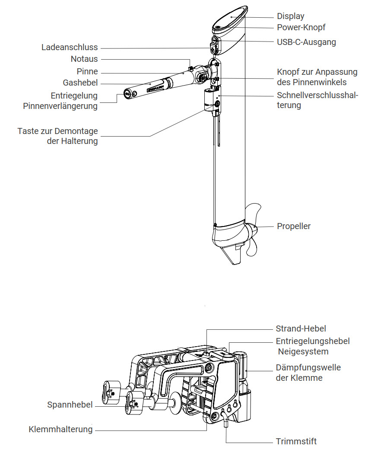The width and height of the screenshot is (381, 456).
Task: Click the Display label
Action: point(290,16)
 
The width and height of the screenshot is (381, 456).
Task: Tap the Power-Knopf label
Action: point(301,27)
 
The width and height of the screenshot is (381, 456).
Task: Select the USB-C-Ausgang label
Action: point(306,42)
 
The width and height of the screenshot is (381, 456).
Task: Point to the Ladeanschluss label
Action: point(70,47)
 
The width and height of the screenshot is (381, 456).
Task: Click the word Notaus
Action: point(84,59)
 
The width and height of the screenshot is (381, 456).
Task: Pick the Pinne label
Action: point(87,71)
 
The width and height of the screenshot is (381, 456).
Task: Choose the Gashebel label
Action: point(80,83)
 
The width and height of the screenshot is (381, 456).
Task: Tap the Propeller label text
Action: point(293,226)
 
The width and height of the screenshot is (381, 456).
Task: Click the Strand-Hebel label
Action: point(301,328)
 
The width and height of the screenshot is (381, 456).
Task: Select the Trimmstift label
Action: point(296,441)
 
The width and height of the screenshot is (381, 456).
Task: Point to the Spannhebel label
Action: point(70,405)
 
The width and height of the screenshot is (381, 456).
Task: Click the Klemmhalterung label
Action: point(60,429)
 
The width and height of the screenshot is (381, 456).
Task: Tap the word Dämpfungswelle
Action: point(308,367)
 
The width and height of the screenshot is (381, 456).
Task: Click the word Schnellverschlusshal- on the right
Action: point(317,95)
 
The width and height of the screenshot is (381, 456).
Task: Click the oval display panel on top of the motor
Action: point(230,18)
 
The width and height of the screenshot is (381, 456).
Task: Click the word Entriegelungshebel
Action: point(313,341)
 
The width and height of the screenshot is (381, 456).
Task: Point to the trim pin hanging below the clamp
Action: point(225,419)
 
